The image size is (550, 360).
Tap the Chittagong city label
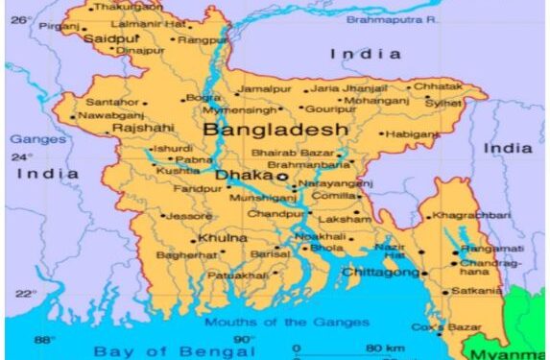tap(380, 273)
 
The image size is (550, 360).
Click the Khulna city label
tap(222, 237)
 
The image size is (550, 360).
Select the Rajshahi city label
tap(143, 127)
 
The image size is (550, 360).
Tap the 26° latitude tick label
tap(21, 18)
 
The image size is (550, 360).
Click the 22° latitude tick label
tap(25, 293)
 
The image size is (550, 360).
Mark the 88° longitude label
tap(44, 340)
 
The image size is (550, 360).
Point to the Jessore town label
tap(189, 216)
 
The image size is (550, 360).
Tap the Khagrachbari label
tap(473, 216)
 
